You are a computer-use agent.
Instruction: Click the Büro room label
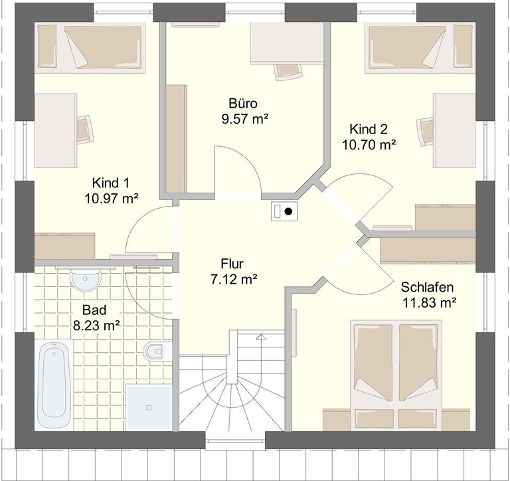[243, 104]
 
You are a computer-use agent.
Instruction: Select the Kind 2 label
[369, 129]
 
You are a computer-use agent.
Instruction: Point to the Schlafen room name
[427, 287]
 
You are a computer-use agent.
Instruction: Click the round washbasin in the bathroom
[86, 279]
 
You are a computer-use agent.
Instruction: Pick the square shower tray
[149, 407]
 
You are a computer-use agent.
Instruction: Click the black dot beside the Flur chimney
[288, 211]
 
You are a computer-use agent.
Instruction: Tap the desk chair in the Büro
[288, 72]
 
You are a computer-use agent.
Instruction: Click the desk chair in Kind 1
[85, 130]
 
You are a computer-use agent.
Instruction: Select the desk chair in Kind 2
[425, 132]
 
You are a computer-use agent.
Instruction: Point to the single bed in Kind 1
[90, 48]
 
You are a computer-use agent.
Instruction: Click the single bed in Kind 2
[420, 48]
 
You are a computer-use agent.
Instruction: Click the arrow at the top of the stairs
[261, 337]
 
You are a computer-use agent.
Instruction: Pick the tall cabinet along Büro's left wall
[176, 139]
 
